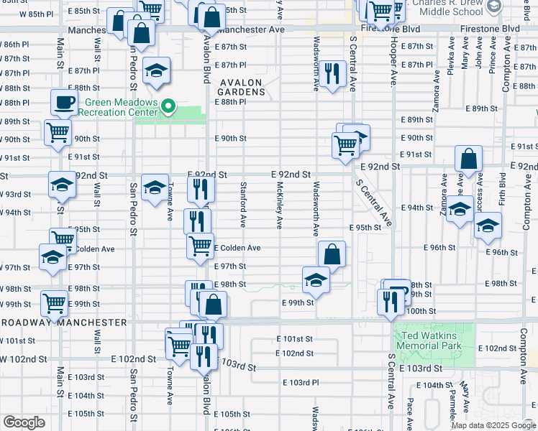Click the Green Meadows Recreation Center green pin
pyautogui.click(x=169, y=108)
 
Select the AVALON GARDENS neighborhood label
pyautogui.click(x=242, y=87)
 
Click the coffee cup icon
pyautogui.click(x=64, y=103)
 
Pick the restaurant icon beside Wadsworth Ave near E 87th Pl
pyautogui.click(x=331, y=74)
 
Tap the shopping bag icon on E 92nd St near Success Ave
pyautogui.click(x=468, y=160)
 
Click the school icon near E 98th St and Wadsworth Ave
pyautogui.click(x=315, y=281)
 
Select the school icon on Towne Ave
pyautogui.click(x=155, y=188)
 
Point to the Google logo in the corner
pyautogui.click(x=24, y=422)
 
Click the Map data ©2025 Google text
pyautogui.click(x=493, y=425)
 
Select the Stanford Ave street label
pyautogui.click(x=244, y=206)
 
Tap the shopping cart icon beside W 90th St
pyautogui.click(x=58, y=132)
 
